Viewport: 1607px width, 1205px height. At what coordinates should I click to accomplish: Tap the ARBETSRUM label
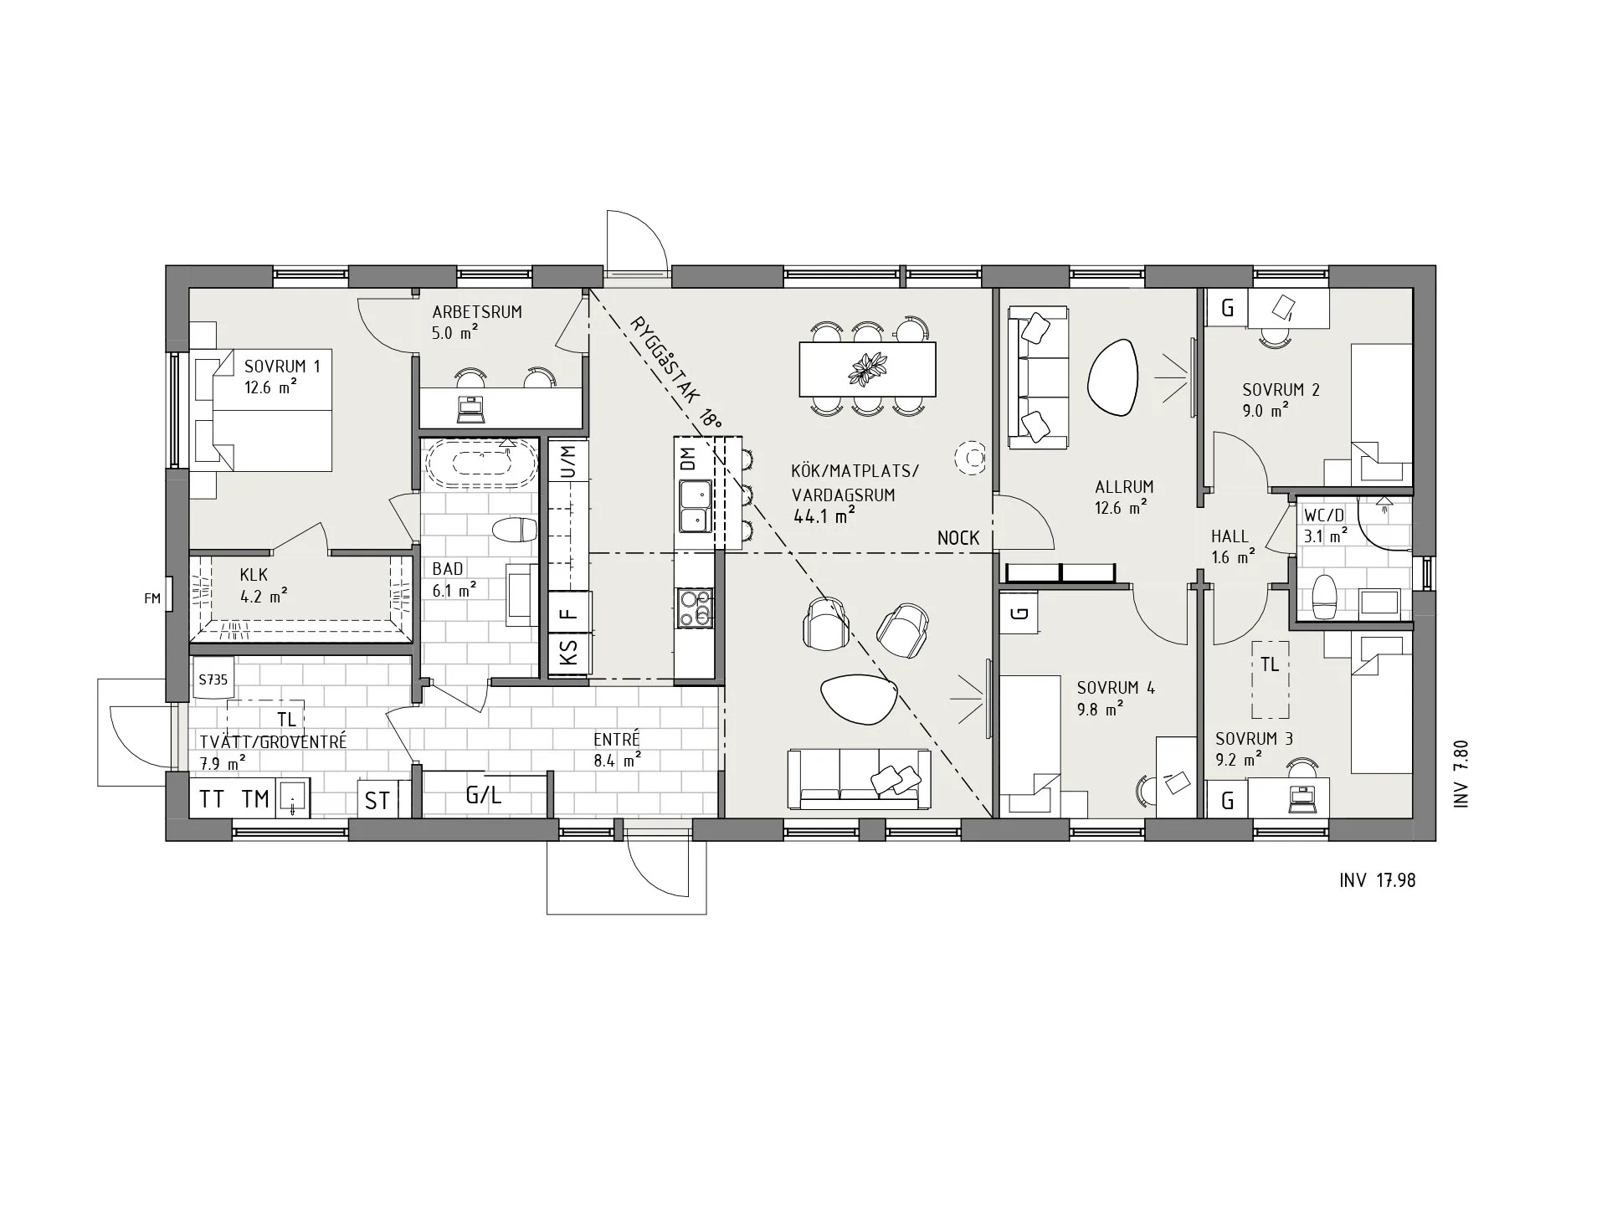(x=477, y=312)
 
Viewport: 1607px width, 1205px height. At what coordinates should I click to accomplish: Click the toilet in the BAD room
(x=514, y=530)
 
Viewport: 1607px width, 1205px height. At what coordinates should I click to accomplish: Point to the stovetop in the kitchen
(x=694, y=608)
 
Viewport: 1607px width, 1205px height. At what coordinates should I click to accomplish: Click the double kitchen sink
(x=694, y=506)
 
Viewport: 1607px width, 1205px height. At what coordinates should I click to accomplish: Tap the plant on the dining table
(x=868, y=369)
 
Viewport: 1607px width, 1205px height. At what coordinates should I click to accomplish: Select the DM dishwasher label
(x=688, y=459)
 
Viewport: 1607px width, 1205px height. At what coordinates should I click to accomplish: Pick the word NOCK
(x=958, y=538)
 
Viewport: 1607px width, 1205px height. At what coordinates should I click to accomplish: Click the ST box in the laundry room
(x=377, y=800)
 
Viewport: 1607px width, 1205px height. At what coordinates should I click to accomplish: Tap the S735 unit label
(x=213, y=679)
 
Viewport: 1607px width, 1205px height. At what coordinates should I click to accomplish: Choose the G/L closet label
(x=484, y=795)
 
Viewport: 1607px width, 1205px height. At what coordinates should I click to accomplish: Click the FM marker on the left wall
(x=151, y=598)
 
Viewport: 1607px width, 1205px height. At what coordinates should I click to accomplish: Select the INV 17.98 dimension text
(x=1377, y=879)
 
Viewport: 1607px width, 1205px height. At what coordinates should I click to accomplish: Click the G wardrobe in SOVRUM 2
(x=1227, y=308)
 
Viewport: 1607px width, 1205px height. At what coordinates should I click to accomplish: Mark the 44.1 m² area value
(x=824, y=516)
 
